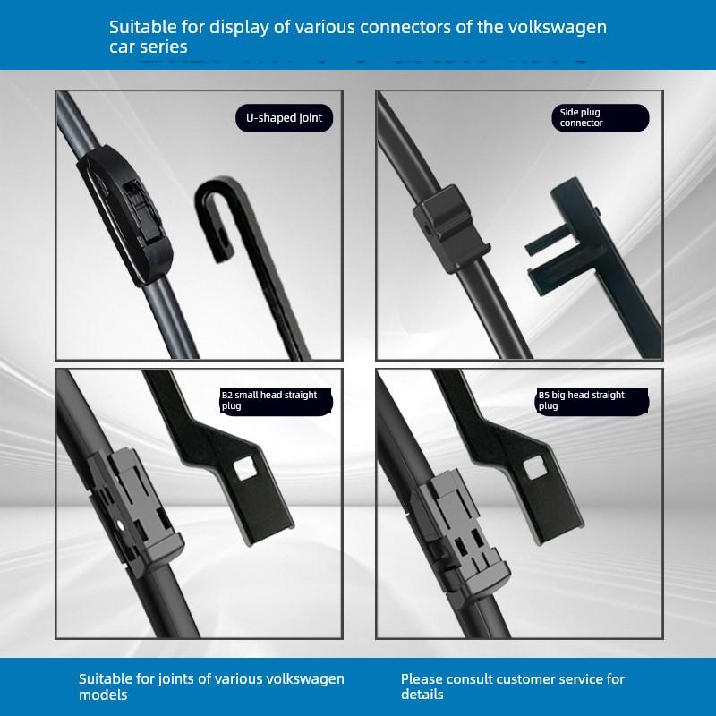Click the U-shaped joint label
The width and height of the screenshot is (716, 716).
click(284, 117)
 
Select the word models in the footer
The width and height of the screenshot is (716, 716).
click(104, 695)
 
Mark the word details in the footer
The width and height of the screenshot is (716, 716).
click(422, 695)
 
